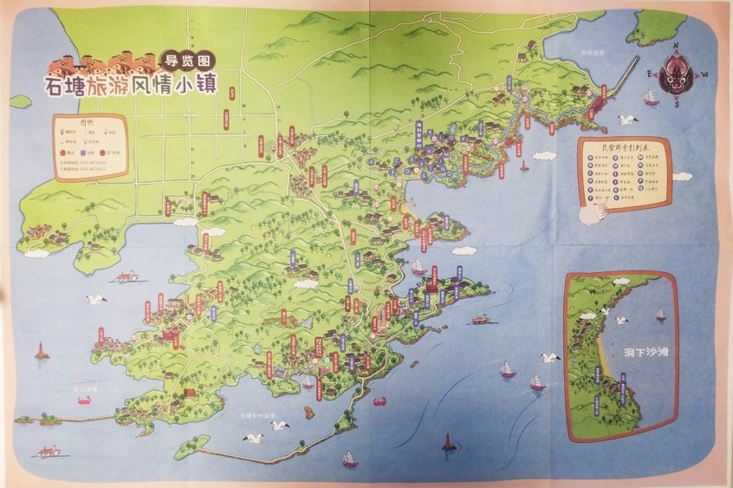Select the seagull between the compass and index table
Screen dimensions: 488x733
626,119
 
